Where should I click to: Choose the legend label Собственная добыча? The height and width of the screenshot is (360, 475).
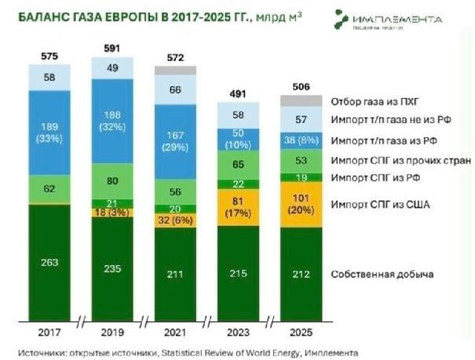[381, 274]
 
